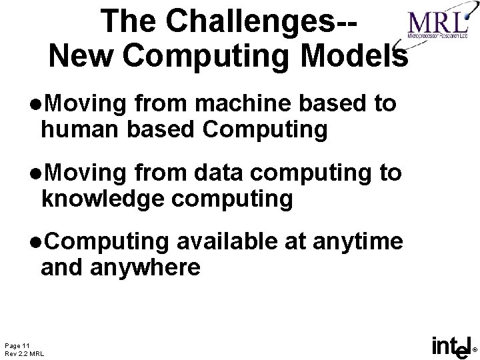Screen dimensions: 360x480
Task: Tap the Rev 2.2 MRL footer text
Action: (x=25, y=353)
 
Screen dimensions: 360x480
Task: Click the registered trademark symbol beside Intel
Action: (x=475, y=349)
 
